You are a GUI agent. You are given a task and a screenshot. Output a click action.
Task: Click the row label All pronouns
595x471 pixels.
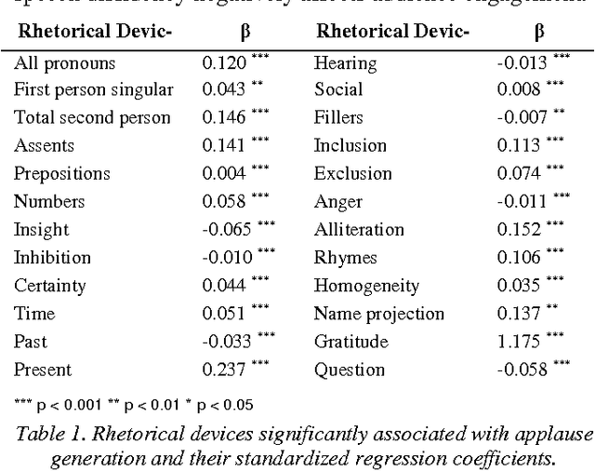click(64, 63)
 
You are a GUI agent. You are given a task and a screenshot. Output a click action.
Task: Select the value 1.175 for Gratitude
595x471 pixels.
click(517, 342)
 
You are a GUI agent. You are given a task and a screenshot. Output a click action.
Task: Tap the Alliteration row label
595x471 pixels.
click(359, 230)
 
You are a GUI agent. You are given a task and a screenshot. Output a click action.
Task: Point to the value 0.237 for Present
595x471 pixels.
click(224, 370)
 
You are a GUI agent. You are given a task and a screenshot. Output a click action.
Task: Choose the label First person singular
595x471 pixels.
click(93, 90)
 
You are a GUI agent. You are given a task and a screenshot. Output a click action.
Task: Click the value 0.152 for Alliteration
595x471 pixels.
click(517, 230)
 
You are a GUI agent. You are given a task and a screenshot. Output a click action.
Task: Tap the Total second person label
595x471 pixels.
click(92, 118)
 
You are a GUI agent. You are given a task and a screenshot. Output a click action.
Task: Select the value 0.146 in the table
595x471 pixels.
click(224, 118)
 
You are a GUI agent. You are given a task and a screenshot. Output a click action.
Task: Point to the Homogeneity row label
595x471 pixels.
click(366, 286)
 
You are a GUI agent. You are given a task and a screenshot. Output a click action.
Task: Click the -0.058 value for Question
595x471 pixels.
click(520, 370)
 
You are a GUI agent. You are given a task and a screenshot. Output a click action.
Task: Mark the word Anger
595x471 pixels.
click(337, 202)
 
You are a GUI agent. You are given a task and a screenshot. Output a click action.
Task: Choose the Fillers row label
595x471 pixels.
click(339, 118)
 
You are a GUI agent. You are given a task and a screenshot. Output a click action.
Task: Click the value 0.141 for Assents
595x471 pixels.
click(224, 146)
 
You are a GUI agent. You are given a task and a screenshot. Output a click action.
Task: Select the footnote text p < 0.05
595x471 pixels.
click(220, 405)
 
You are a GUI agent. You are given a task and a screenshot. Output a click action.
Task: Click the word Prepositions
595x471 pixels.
click(61, 174)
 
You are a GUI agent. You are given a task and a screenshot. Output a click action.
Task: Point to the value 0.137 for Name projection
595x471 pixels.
click(517, 314)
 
